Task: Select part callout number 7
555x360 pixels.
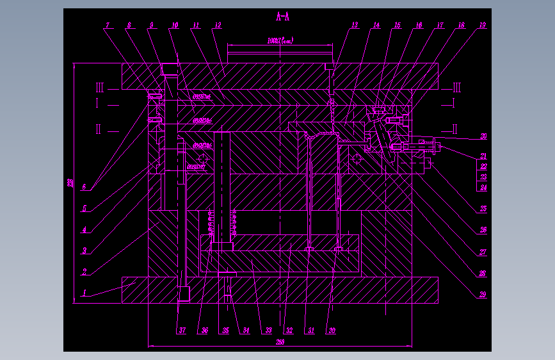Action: point(107,26)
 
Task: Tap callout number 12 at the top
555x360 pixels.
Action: point(218,26)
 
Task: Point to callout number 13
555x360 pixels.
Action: point(355,26)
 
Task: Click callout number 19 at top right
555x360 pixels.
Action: point(482,26)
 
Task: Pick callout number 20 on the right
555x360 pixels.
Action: point(483,136)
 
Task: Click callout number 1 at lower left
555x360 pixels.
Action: point(83,293)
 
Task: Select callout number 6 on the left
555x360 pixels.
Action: point(84,187)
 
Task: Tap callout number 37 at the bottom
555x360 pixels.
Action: point(182,331)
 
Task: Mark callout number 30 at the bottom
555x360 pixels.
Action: point(332,331)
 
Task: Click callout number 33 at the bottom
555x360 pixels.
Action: point(268,331)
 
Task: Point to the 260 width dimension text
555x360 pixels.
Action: point(280,343)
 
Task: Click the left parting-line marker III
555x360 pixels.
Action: point(99,87)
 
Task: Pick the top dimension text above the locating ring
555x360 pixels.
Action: point(280,41)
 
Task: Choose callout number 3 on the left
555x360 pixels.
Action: point(84,250)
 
